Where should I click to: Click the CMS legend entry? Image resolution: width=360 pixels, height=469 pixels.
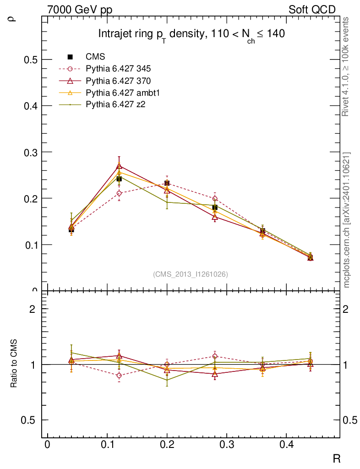[95, 57]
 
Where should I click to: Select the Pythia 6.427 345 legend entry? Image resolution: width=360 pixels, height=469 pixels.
[118, 69]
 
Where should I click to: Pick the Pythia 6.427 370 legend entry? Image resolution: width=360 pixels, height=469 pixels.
[118, 81]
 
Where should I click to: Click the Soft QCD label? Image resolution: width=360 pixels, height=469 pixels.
[312, 10]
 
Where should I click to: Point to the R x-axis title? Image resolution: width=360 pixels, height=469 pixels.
[336, 458]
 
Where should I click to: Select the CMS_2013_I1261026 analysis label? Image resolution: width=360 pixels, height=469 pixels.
[191, 274]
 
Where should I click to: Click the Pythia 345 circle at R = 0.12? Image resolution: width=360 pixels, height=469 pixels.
[119, 193]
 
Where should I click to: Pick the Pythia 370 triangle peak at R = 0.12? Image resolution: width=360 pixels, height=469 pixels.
[119, 165]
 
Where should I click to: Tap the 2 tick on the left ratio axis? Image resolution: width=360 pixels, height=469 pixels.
[33, 309]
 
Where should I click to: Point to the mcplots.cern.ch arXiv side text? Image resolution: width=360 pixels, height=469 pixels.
[346, 220]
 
